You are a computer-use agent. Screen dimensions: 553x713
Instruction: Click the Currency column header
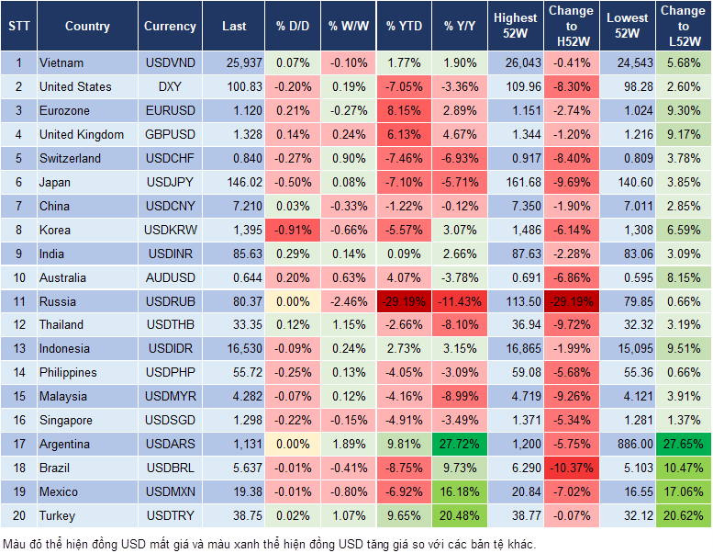pyautogui.click(x=170, y=27)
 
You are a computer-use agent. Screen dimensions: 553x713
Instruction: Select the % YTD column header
pyautogui.click(x=404, y=27)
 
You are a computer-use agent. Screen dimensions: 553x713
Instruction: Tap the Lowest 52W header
pyautogui.click(x=627, y=27)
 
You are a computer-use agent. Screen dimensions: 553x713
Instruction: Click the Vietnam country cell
pyautogui.click(x=61, y=63)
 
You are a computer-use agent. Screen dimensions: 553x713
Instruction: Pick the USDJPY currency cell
pyautogui.click(x=170, y=182)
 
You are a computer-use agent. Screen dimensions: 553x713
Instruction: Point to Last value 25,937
pyautogui.click(x=234, y=63)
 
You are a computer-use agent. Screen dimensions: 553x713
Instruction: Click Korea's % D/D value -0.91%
pyautogui.click(x=292, y=230)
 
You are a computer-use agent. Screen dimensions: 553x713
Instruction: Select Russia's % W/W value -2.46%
pyautogui.click(x=348, y=301)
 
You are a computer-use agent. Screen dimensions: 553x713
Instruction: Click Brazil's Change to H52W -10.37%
pyautogui.click(x=572, y=468)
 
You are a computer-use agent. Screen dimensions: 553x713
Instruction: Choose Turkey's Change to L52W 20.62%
pyautogui.click(x=683, y=516)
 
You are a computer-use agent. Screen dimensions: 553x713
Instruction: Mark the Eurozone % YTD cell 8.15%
pyautogui.click(x=404, y=111)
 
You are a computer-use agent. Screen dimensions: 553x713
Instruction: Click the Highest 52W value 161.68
pyautogui.click(x=516, y=182)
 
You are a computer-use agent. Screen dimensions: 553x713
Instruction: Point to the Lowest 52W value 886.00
pyautogui.click(x=627, y=444)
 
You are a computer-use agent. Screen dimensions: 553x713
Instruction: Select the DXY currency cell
pyautogui.click(x=170, y=87)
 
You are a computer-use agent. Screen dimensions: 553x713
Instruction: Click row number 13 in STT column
pyautogui.click(x=17, y=349)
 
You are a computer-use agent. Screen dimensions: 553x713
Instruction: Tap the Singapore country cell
pyautogui.click(x=66, y=420)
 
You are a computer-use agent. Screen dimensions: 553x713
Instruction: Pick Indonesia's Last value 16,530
pyautogui.click(x=234, y=349)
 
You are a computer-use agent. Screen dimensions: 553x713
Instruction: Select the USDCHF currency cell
pyautogui.click(x=170, y=158)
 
